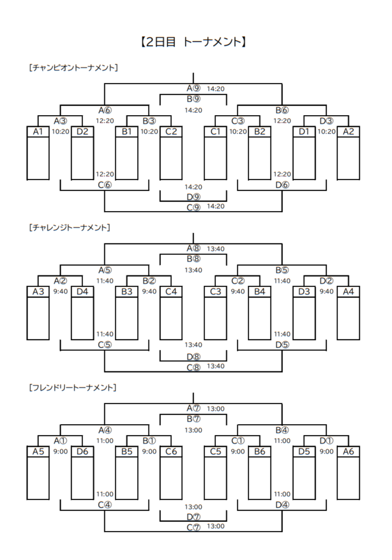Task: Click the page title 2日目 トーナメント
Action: [193, 42]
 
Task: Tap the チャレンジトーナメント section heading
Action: [70, 227]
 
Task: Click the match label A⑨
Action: [193, 88]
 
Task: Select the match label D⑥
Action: [282, 185]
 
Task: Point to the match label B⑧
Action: [193, 258]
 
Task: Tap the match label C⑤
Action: [105, 344]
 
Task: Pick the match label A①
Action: [60, 441]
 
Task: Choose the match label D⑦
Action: [193, 516]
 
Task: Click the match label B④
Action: [282, 430]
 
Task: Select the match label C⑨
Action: [193, 207]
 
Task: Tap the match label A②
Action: [60, 281]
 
